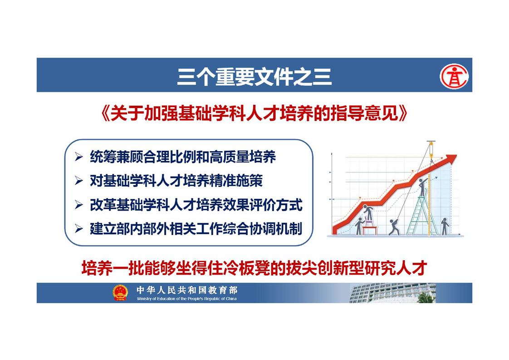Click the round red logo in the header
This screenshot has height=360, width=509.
454,76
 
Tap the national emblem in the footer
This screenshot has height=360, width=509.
120,292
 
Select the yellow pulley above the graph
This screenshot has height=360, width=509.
431,149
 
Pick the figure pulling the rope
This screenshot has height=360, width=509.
394,227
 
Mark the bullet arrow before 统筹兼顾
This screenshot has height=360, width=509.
79,157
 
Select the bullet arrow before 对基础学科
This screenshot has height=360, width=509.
79,181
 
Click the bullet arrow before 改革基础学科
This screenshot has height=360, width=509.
79,205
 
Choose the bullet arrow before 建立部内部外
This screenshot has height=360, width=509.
79,229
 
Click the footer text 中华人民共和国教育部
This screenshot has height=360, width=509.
187,290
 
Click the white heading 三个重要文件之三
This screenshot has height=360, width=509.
254,77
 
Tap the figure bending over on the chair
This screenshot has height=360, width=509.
368,213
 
